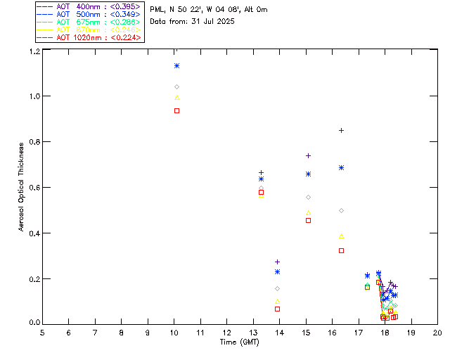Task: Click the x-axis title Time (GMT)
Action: [x=240, y=342]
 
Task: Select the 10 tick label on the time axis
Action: [x=148, y=332]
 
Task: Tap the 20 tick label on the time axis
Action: [x=437, y=332]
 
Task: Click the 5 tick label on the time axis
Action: [x=42, y=332]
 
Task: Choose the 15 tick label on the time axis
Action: [x=306, y=332]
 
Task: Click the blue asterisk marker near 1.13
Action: [x=177, y=65]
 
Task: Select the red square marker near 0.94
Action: [x=177, y=110]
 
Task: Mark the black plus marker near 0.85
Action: [x=342, y=130]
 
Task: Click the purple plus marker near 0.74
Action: [x=308, y=155]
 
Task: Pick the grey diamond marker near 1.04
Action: [x=177, y=86]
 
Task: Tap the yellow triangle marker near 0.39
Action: [x=342, y=236]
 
